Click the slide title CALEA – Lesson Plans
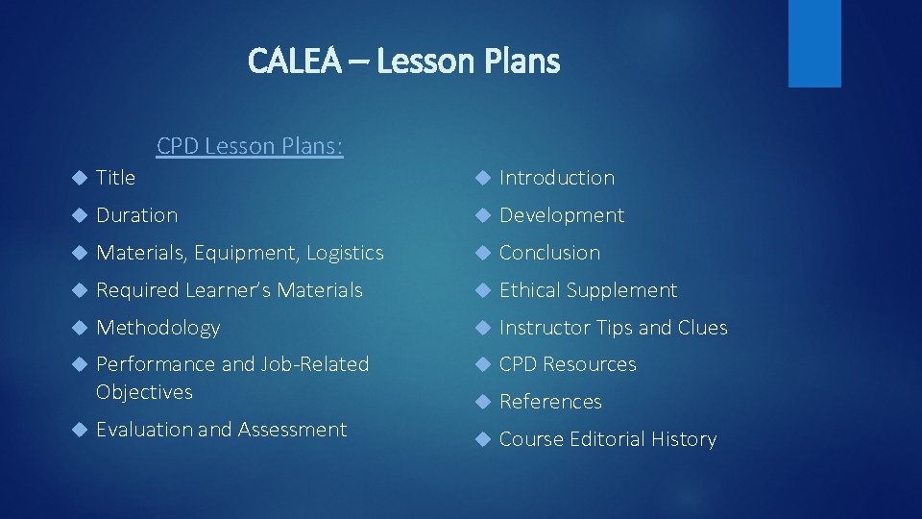[403, 62]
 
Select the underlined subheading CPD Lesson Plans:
[250, 146]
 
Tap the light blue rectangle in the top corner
[813, 43]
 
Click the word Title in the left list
[116, 178]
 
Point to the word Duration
[137, 215]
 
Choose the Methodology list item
[158, 328]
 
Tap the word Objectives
[144, 392]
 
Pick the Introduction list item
[557, 178]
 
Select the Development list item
[562, 215]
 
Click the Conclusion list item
[549, 253]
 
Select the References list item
[550, 402]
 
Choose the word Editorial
[609, 439]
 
